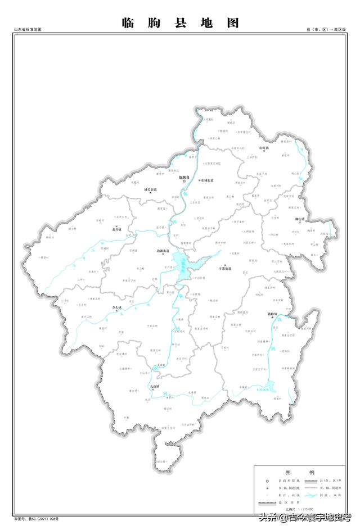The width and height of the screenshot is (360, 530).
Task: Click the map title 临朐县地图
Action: [180, 23]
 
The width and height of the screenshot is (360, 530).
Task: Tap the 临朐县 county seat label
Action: [184, 177]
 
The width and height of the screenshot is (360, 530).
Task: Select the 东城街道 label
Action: [206, 180]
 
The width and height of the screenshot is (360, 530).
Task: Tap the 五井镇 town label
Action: [116, 229]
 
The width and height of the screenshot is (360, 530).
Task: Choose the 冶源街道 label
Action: [163, 251]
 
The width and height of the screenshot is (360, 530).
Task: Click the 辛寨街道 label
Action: [226, 269]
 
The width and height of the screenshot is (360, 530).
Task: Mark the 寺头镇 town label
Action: [118, 307]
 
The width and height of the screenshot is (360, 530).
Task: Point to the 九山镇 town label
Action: [155, 387]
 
